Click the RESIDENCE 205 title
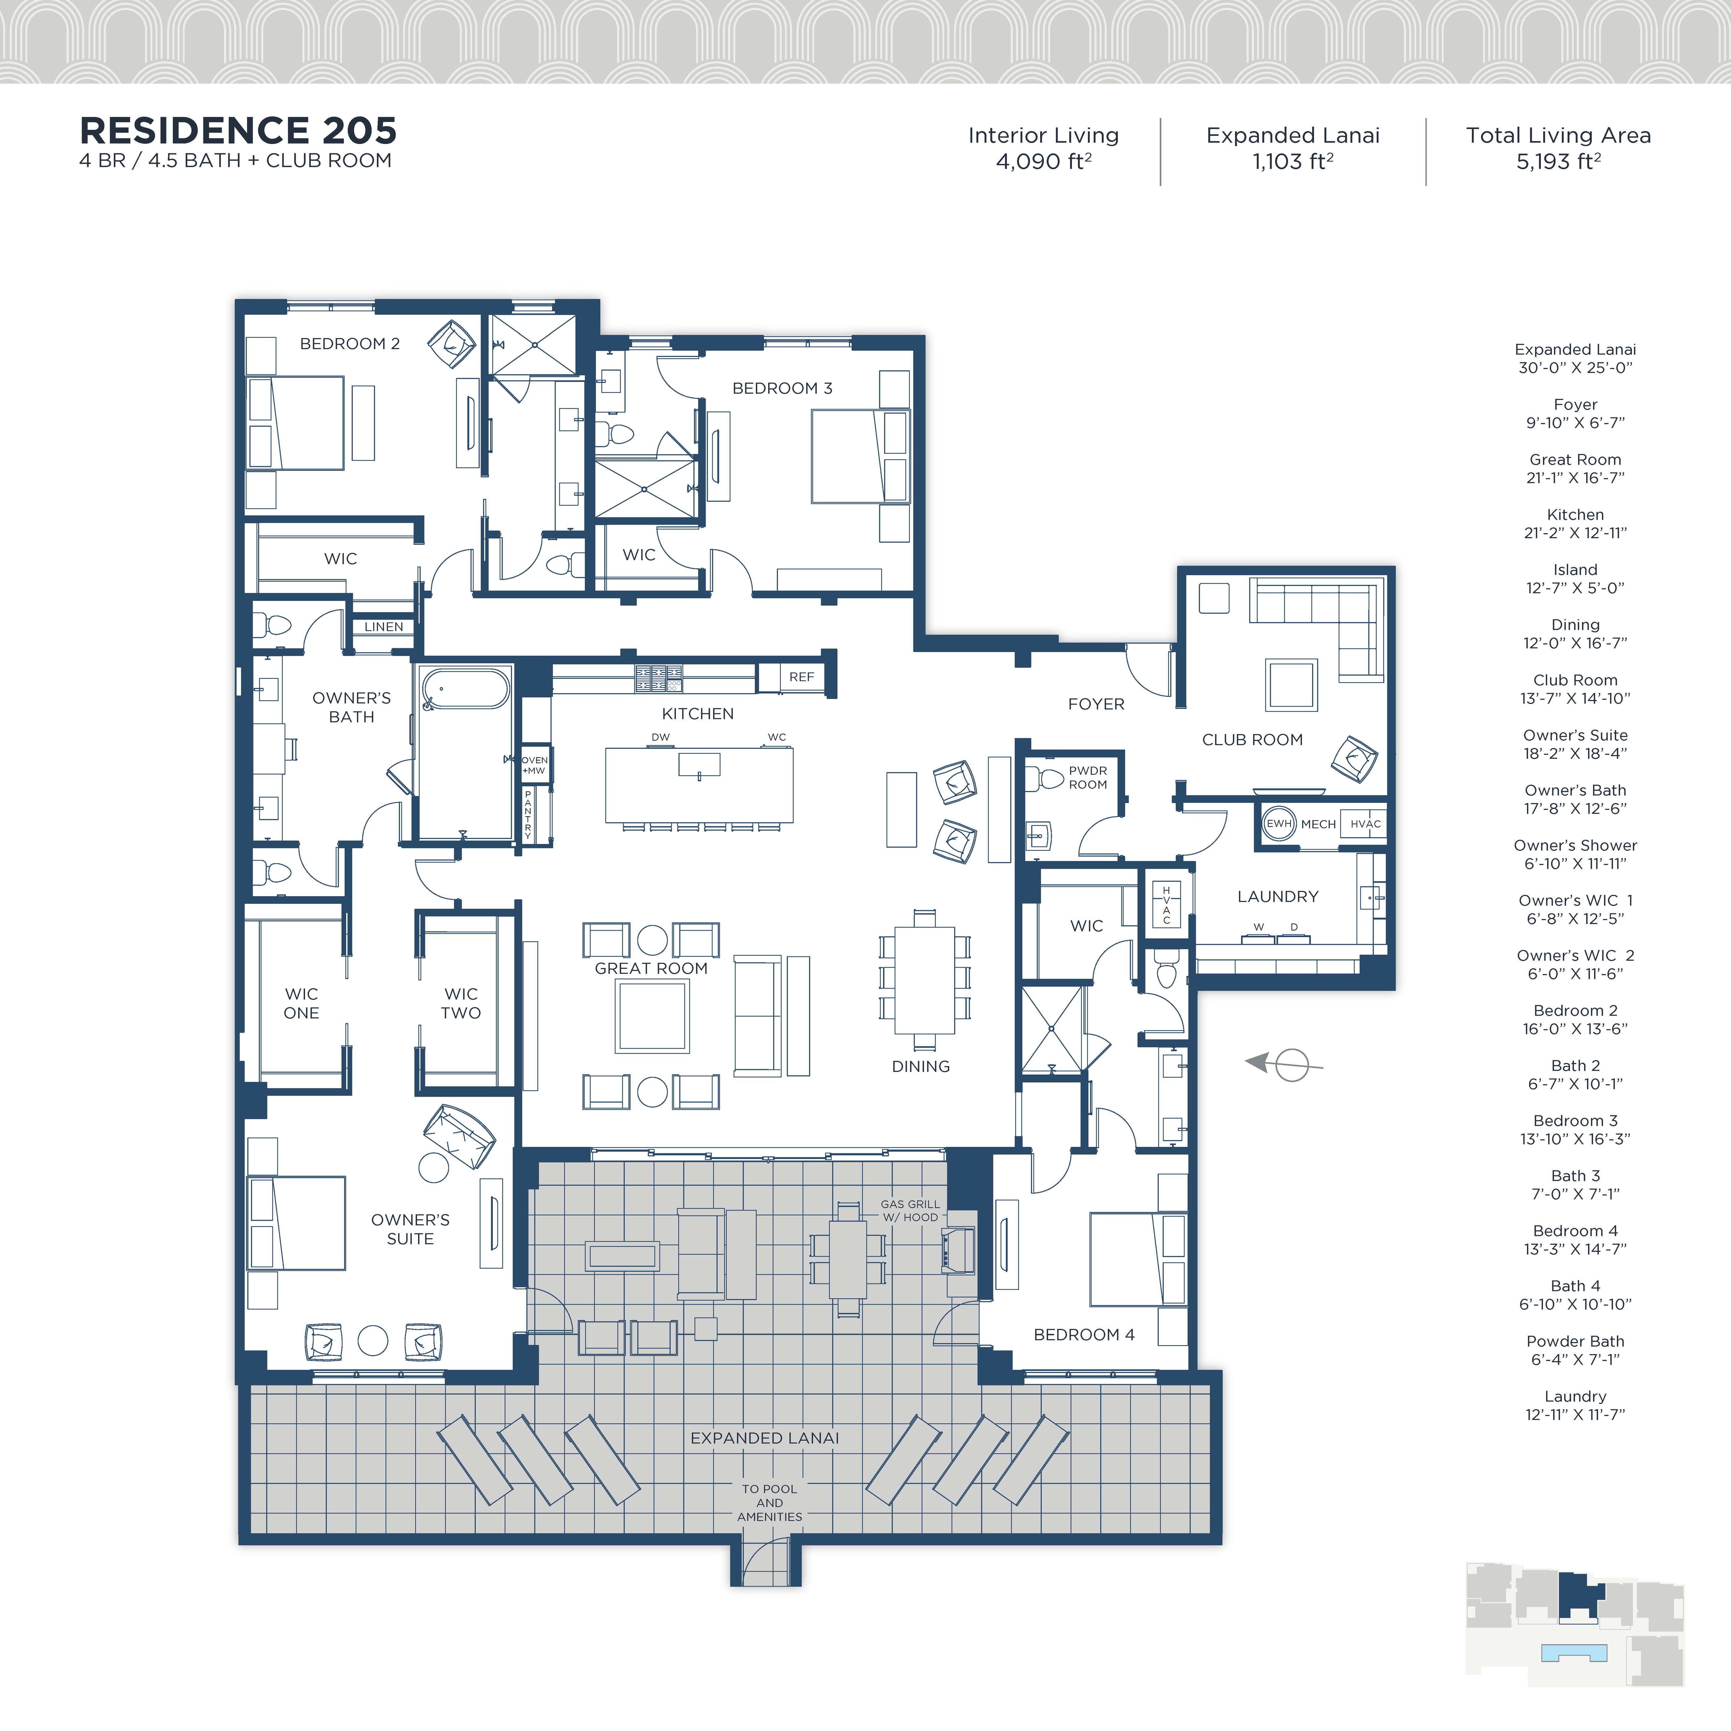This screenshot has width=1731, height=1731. [237, 131]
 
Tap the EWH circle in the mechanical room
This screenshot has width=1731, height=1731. [1278, 823]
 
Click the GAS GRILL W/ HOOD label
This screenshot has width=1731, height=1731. [910, 1210]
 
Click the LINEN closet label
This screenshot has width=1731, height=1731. [383, 626]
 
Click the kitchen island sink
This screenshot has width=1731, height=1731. [699, 764]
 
